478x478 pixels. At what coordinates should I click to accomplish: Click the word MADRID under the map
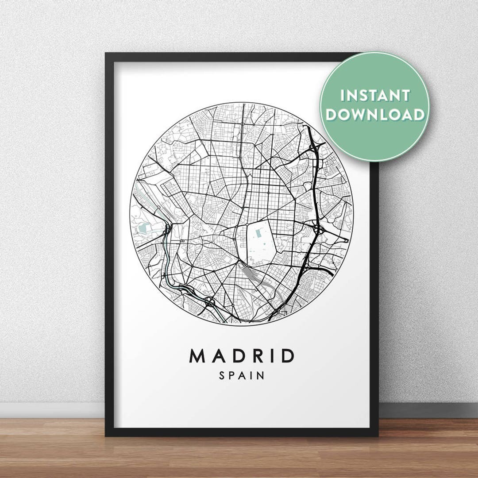(x=242, y=356)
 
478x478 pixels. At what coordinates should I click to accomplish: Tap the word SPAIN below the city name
(x=242, y=376)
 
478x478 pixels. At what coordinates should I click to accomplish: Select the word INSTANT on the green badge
(x=375, y=96)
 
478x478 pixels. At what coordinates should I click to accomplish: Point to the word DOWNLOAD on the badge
(x=375, y=115)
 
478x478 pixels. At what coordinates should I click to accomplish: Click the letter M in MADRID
(x=197, y=356)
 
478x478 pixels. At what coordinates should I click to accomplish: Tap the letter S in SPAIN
(x=222, y=376)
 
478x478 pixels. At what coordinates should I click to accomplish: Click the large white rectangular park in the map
(x=260, y=241)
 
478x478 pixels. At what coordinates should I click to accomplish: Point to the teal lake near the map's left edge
(x=144, y=227)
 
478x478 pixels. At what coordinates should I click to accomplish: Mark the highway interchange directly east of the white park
(x=318, y=229)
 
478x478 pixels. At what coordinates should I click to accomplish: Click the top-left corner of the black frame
(x=107, y=54)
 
